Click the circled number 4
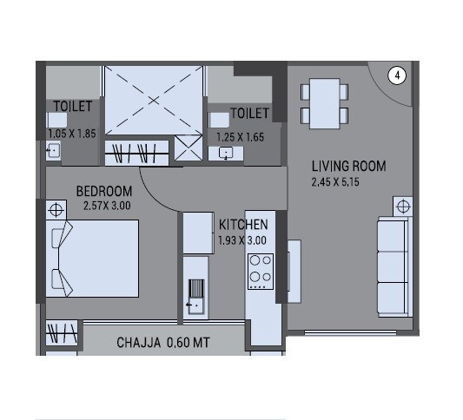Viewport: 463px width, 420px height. click(397, 76)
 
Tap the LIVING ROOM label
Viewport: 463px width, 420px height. click(348, 166)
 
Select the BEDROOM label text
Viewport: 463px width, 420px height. click(104, 191)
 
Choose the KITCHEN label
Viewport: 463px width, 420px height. click(243, 224)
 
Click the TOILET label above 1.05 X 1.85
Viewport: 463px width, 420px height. click(72, 107)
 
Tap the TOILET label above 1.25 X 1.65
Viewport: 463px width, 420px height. click(249, 114)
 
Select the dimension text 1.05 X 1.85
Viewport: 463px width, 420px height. click(72, 134)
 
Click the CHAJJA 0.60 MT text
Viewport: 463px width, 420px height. click(163, 343)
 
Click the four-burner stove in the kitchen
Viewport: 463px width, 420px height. click(259, 270)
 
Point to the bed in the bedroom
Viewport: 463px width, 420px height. click(92, 259)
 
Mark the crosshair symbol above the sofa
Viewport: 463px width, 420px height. click(402, 206)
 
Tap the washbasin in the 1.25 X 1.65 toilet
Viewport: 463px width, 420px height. click(226, 154)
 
